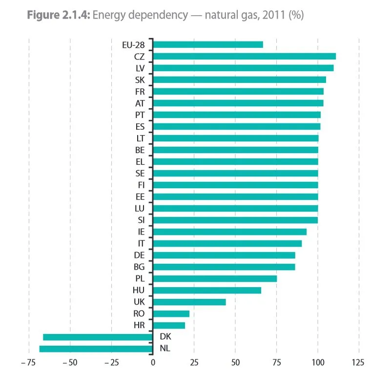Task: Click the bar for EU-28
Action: (208, 45)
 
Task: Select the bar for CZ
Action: (244, 57)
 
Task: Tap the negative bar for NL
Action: (96, 349)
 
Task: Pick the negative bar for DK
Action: (98, 337)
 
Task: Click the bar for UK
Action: (189, 302)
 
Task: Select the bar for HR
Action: (169, 325)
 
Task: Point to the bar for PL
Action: (215, 278)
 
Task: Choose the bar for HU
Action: (207, 290)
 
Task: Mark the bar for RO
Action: (171, 314)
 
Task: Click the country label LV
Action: (140, 68)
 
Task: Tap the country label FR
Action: (140, 92)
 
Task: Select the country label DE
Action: (139, 255)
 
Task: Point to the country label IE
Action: (141, 232)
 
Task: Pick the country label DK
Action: (165, 337)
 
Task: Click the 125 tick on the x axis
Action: (358, 363)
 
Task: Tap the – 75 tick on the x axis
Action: (28, 363)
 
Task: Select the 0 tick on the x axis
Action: (153, 363)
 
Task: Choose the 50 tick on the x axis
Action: (235, 363)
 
